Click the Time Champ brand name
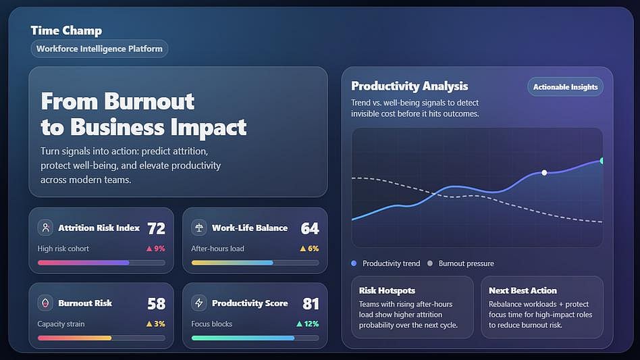(x=66, y=30)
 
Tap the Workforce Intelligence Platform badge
(x=99, y=49)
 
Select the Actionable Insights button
(x=565, y=86)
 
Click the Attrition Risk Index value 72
(x=156, y=228)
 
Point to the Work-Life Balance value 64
(x=310, y=228)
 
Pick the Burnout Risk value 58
(x=156, y=303)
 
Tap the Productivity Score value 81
(x=310, y=303)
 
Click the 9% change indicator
(x=156, y=249)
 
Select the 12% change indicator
(x=308, y=324)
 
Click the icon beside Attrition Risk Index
(x=45, y=228)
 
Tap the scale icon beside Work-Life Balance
(x=199, y=228)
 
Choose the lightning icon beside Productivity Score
(x=199, y=303)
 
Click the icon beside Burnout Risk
(x=45, y=303)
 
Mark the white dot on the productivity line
(x=544, y=173)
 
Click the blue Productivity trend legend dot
(x=354, y=263)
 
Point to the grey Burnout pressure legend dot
(x=430, y=263)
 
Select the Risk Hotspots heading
(x=387, y=290)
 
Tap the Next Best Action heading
(x=523, y=290)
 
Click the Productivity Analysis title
(x=409, y=86)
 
